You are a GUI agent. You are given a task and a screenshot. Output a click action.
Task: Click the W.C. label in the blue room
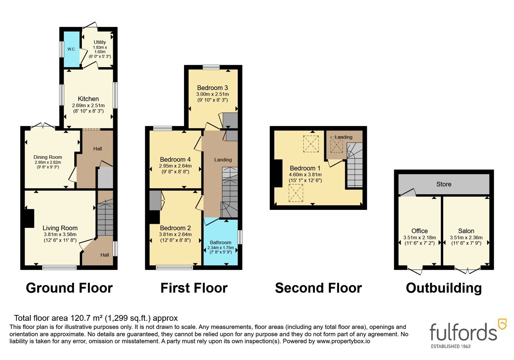(x=71, y=49)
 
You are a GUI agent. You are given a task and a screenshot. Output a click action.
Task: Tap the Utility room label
(x=100, y=42)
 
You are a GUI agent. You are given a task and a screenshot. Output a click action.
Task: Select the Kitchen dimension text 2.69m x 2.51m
(x=88, y=105)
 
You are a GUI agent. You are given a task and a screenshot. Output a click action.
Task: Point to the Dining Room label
(x=48, y=157)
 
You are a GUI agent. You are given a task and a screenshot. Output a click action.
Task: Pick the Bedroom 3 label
(x=212, y=88)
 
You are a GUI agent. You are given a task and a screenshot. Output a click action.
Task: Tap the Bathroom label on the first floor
(x=220, y=242)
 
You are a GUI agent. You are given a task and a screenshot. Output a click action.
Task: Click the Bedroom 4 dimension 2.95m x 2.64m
(x=175, y=166)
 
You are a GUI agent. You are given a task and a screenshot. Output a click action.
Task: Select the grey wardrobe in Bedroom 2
(x=155, y=200)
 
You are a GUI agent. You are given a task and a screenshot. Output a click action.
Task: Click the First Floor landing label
(x=223, y=159)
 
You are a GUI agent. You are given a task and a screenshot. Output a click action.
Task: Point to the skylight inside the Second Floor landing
(x=337, y=145)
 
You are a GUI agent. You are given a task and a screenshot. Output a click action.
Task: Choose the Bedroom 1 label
(x=305, y=168)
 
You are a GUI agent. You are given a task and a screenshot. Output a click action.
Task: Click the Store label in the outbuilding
(x=444, y=184)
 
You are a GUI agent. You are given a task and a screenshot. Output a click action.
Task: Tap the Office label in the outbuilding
(x=420, y=231)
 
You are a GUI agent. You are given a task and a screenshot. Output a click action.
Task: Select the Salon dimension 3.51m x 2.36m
(x=466, y=238)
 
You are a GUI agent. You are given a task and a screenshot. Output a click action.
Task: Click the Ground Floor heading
(x=69, y=288)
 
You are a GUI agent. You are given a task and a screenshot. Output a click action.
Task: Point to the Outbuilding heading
(x=444, y=288)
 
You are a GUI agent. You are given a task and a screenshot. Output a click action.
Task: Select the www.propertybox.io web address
(x=343, y=341)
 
